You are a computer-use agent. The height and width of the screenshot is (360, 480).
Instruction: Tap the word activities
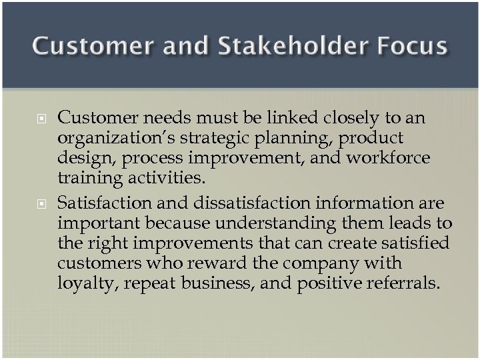point(169,179)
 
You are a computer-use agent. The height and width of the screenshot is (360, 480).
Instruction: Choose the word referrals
point(403,283)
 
